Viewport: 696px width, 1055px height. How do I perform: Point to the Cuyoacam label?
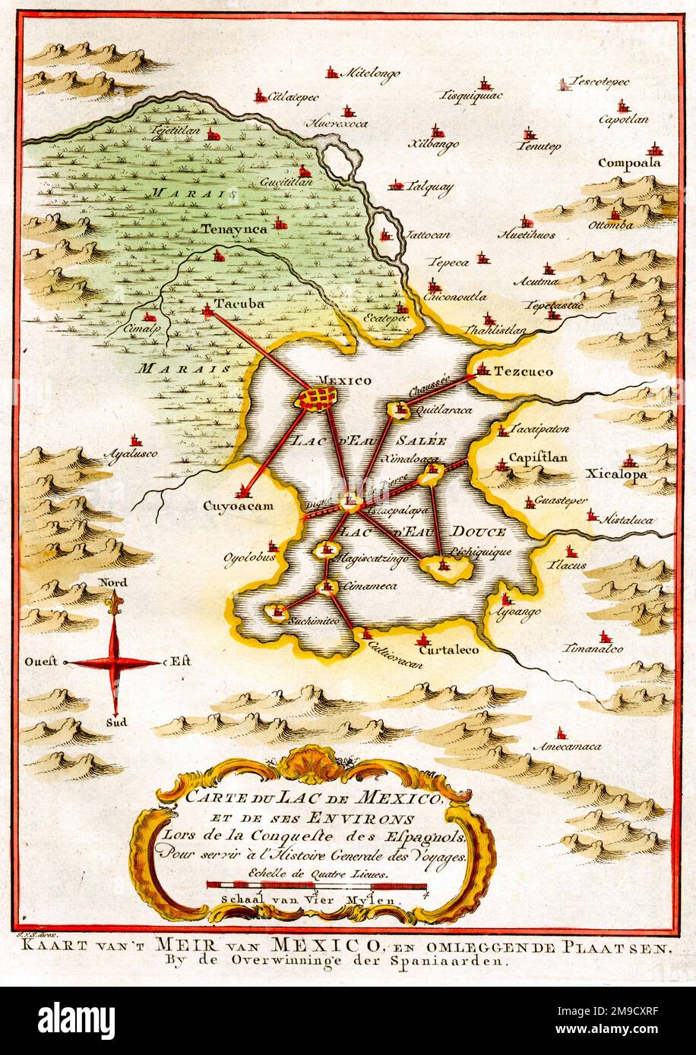238,505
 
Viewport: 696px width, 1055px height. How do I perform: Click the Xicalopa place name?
616,474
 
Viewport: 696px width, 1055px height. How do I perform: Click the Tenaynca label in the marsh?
234,227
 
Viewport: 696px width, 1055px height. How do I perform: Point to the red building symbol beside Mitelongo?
331,73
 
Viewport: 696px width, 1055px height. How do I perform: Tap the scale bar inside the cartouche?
317,885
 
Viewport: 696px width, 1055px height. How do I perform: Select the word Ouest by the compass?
42,662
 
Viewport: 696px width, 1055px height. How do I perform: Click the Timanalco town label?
593,649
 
